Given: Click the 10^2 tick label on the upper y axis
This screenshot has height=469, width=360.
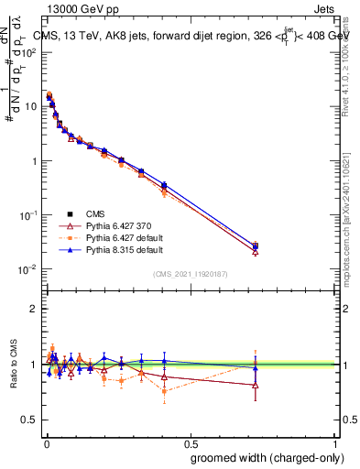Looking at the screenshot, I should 30,52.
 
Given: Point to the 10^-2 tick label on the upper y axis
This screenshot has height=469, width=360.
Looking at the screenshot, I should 30,269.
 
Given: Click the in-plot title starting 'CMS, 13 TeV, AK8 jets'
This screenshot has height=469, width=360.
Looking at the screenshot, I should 192,37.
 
